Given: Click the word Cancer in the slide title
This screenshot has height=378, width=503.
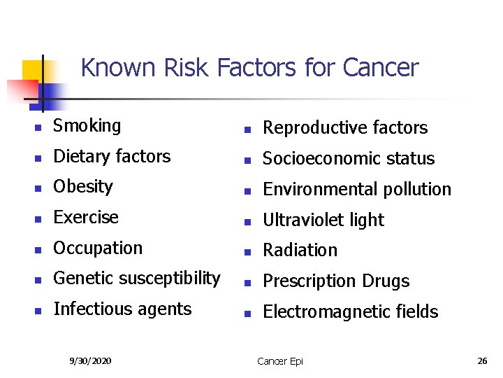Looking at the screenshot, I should coord(381,68).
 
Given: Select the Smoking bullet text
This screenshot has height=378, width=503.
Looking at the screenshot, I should coord(87,126).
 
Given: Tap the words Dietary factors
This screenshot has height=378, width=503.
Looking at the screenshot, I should coord(112,157).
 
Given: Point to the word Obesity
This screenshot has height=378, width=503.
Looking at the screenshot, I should coord(83,187).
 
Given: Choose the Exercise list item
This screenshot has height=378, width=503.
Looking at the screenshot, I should coord(86,218).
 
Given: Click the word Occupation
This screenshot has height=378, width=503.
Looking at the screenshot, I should coord(98,248).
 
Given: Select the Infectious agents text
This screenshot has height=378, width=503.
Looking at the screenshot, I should coord(122,309).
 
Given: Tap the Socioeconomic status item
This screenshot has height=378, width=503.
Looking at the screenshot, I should coord(349,159).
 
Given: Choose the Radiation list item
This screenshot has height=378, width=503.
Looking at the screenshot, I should coord(300,251).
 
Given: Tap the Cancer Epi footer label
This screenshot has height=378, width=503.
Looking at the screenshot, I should coord(280,361).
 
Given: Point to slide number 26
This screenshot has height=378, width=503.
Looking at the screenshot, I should coord(482,360).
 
